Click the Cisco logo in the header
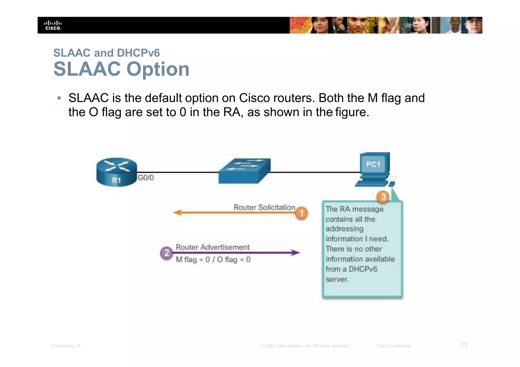coord(53,25)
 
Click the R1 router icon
coord(117,172)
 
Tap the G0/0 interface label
coord(146,178)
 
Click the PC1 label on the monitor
coord(373,165)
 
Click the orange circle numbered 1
coord(301,213)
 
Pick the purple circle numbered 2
coord(167,253)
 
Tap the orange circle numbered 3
coord(383,197)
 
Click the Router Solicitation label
coord(264,207)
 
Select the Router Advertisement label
coord(213,247)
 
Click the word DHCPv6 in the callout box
coord(363,269)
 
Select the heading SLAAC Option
coord(121,69)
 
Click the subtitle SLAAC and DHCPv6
coord(106,53)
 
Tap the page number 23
coord(464,345)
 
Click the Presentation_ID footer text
coord(66,346)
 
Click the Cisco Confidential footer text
coord(394,346)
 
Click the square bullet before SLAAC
coord(59,98)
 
